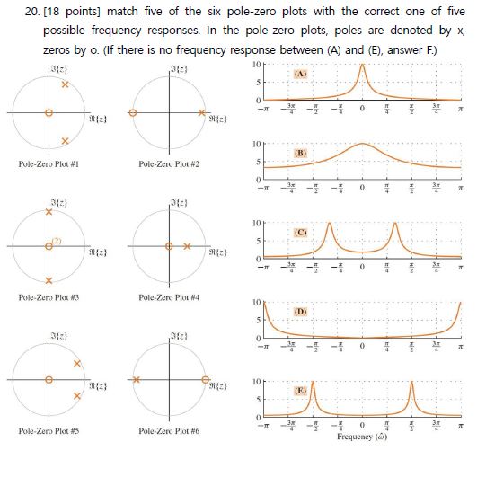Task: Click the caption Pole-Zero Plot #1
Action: [x=51, y=164]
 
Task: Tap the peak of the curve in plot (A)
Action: [x=361, y=65]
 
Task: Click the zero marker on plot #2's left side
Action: [x=133, y=113]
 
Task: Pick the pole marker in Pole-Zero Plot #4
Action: [x=187, y=245]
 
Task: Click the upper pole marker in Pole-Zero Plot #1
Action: [x=66, y=84]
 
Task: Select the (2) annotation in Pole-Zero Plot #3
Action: [x=57, y=239]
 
